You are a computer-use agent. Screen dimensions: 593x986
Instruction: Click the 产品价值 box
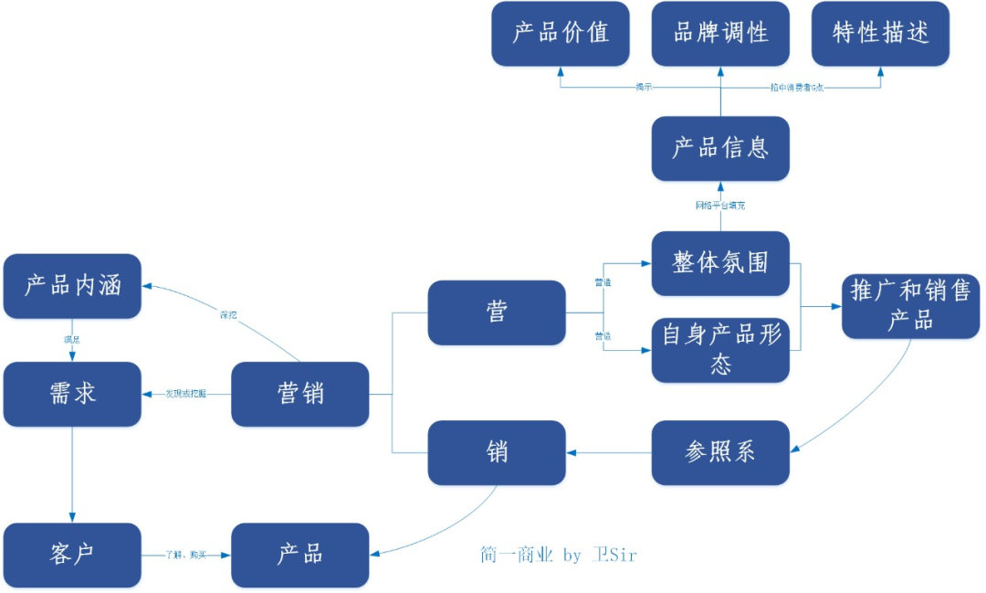pos(560,34)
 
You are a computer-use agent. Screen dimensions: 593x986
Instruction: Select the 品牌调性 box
pos(720,34)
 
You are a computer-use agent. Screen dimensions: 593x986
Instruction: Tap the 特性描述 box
pos(881,34)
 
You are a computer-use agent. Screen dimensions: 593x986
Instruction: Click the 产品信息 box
pos(720,148)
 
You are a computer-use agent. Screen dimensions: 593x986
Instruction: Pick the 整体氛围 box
pos(720,263)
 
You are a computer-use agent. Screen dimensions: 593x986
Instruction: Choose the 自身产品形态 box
pos(720,350)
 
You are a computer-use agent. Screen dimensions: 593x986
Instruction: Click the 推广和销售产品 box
pos(910,306)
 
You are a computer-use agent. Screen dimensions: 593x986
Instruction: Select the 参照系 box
pos(720,452)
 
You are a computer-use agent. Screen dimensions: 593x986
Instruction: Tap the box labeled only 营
pos(497,312)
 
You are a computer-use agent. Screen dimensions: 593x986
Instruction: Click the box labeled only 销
pos(497,452)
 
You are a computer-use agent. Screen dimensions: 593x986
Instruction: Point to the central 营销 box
pos(300,394)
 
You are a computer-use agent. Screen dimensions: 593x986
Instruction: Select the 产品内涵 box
pos(72,286)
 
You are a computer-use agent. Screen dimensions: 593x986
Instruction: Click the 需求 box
pos(72,394)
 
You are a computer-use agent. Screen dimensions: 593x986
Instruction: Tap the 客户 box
pos(72,555)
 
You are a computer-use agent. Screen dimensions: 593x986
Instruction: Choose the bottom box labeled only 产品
pos(300,555)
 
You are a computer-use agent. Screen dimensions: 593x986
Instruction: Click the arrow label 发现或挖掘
pos(185,394)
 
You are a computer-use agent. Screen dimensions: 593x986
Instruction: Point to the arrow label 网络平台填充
pos(720,206)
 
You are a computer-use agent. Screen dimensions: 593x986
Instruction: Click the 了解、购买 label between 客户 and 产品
pos(185,555)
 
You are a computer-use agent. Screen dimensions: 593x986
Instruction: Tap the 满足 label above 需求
pos(72,339)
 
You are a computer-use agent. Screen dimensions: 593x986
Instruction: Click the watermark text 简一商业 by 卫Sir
pos(558,555)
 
